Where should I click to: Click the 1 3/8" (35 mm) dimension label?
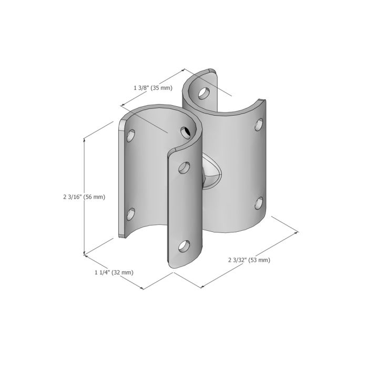coord(153,88)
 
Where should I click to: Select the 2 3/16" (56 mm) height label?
coord(84,197)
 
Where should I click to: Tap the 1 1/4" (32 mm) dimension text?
coord(114,272)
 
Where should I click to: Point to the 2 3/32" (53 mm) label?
coord(249,260)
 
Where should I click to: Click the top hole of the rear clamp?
coord(204,93)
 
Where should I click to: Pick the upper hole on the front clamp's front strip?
coord(184,168)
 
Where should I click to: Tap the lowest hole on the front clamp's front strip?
coord(184,246)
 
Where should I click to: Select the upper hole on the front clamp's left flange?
coord(131,136)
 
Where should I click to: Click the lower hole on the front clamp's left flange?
coord(131,214)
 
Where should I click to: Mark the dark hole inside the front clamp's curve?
coord(186,132)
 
